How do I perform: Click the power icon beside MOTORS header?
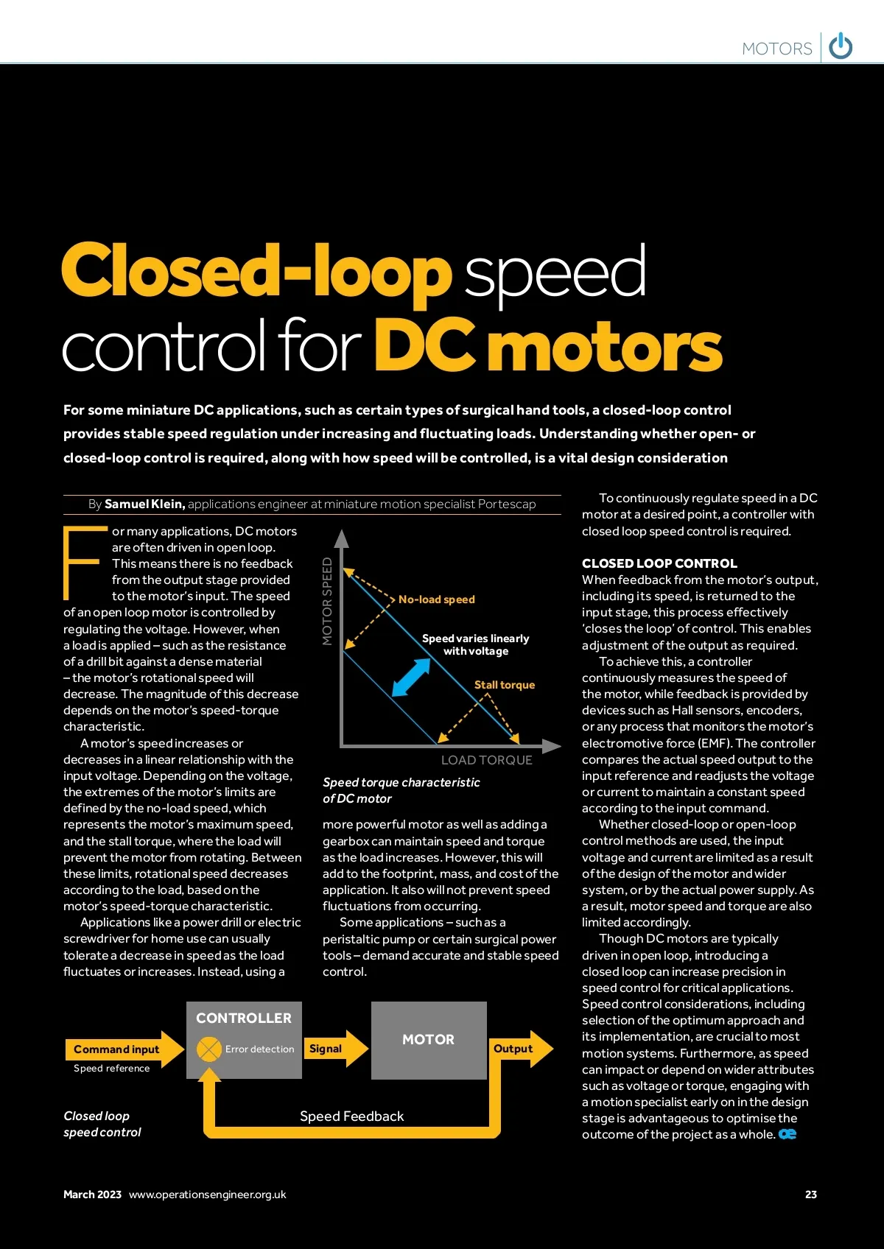click(841, 46)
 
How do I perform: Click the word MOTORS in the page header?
click(776, 49)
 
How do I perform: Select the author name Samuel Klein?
click(144, 504)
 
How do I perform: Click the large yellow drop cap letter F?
click(82, 563)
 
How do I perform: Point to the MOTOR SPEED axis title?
click(328, 601)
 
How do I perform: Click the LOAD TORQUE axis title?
click(486, 760)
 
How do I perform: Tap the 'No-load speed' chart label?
click(436, 599)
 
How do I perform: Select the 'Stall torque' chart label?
click(504, 685)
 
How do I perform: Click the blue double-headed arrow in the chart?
click(411, 677)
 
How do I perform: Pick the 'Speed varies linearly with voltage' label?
click(475, 644)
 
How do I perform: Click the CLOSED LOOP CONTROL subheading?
click(659, 563)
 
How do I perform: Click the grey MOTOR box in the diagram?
click(428, 1040)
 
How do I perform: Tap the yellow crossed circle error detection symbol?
click(209, 1049)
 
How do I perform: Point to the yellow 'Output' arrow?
click(520, 1048)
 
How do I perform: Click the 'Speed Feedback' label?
click(351, 1116)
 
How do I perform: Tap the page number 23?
click(810, 1195)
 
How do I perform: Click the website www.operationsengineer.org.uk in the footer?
click(207, 1195)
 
